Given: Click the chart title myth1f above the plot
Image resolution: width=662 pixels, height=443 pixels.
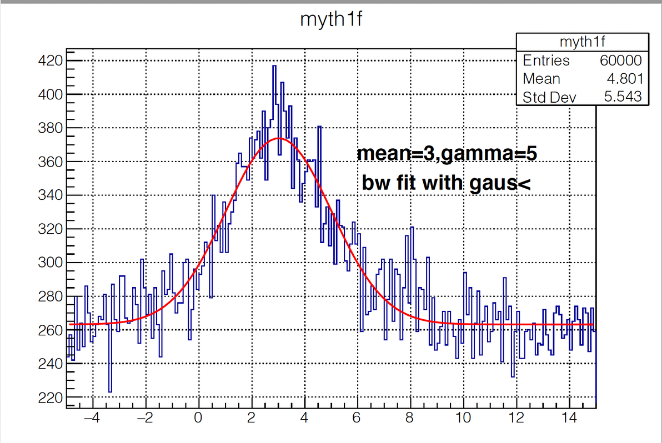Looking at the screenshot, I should [x=332, y=20].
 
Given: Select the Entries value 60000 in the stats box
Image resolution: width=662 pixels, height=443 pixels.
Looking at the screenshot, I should [x=620, y=61].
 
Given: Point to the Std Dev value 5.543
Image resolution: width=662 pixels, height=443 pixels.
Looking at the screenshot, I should [x=623, y=97].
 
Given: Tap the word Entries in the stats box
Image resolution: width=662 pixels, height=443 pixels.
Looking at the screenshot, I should [x=546, y=61].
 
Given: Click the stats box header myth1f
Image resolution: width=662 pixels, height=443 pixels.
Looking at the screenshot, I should [x=583, y=42].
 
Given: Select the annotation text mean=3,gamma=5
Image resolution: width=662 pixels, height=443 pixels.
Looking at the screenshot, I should [x=447, y=154].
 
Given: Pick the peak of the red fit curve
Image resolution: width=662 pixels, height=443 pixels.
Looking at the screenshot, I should [x=279, y=138].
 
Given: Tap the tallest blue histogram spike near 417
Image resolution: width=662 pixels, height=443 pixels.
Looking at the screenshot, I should [x=274, y=66].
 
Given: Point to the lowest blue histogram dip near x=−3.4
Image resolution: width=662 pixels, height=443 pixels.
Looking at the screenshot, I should [x=110, y=391].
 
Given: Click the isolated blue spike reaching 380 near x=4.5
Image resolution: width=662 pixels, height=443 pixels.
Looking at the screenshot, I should [x=319, y=127].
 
